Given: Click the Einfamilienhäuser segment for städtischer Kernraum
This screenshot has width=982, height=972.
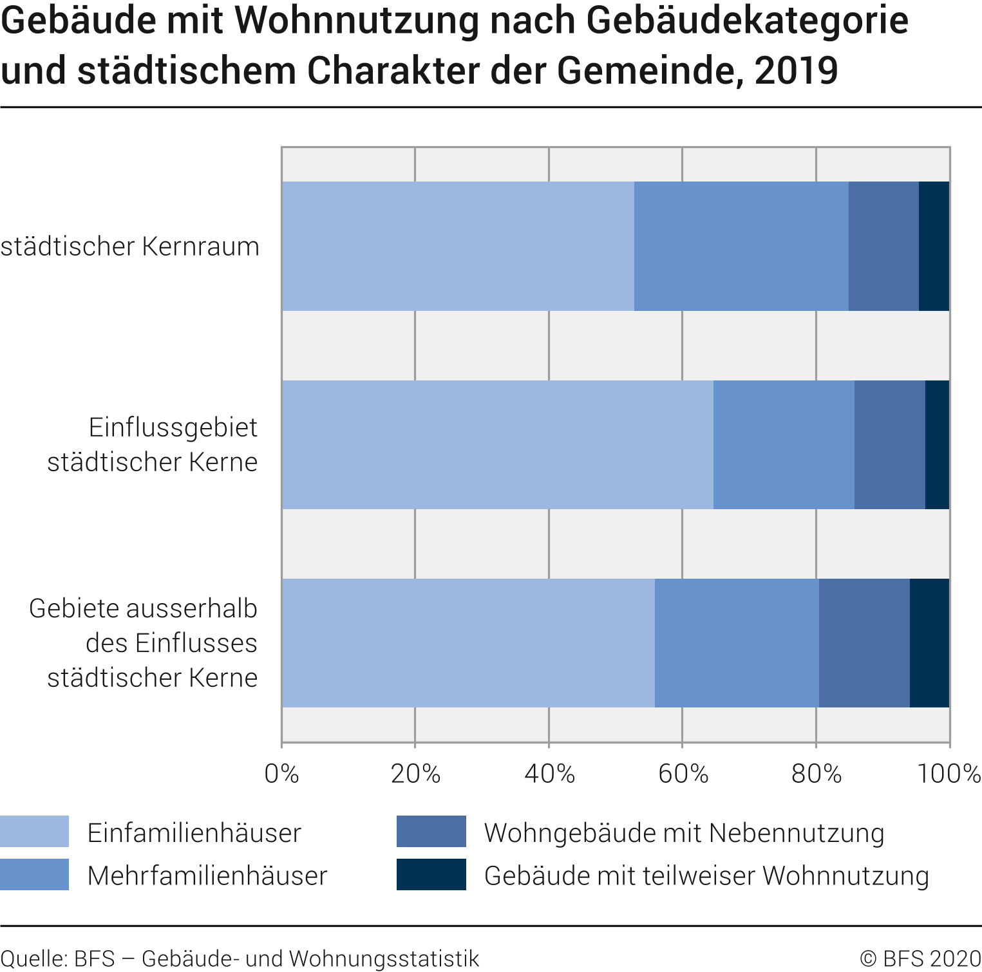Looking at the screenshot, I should tap(458, 246).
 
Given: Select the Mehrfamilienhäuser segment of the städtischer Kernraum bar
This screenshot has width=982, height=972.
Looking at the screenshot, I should tap(741, 246).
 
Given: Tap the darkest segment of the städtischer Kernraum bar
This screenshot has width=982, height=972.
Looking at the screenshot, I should tap(934, 246).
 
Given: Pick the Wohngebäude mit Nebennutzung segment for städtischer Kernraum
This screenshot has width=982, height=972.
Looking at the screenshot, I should tap(883, 246).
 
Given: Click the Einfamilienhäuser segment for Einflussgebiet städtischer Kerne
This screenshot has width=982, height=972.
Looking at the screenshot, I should tap(498, 445).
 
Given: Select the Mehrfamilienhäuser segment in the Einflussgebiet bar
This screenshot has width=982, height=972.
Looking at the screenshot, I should tap(784, 445).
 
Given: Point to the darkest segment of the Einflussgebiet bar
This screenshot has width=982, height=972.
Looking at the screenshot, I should tap(937, 445).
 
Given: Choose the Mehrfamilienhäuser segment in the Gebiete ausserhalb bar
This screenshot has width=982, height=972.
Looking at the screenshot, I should tap(737, 643).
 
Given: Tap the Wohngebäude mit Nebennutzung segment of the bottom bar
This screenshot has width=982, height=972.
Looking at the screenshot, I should tap(864, 643).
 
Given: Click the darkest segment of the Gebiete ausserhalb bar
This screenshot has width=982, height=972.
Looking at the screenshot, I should tap(929, 643).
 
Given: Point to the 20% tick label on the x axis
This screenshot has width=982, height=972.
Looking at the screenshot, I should tap(415, 774).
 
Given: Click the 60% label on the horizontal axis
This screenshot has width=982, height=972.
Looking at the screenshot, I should tap(683, 774).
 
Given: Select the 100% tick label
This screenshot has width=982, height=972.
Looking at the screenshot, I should tap(949, 774).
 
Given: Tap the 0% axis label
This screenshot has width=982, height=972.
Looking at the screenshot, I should tap(282, 774).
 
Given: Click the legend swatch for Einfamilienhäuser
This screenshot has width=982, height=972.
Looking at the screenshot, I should tap(34, 832).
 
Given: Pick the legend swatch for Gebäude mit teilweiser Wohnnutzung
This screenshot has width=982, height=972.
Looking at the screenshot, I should tap(431, 875).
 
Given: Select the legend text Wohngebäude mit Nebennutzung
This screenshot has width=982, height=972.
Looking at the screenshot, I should tap(684, 833).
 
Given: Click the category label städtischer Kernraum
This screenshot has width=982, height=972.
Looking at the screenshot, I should tap(130, 247).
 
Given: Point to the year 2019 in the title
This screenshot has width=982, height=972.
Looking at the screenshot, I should tap(796, 71).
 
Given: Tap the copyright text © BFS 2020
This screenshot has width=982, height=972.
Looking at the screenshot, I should tap(920, 958).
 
